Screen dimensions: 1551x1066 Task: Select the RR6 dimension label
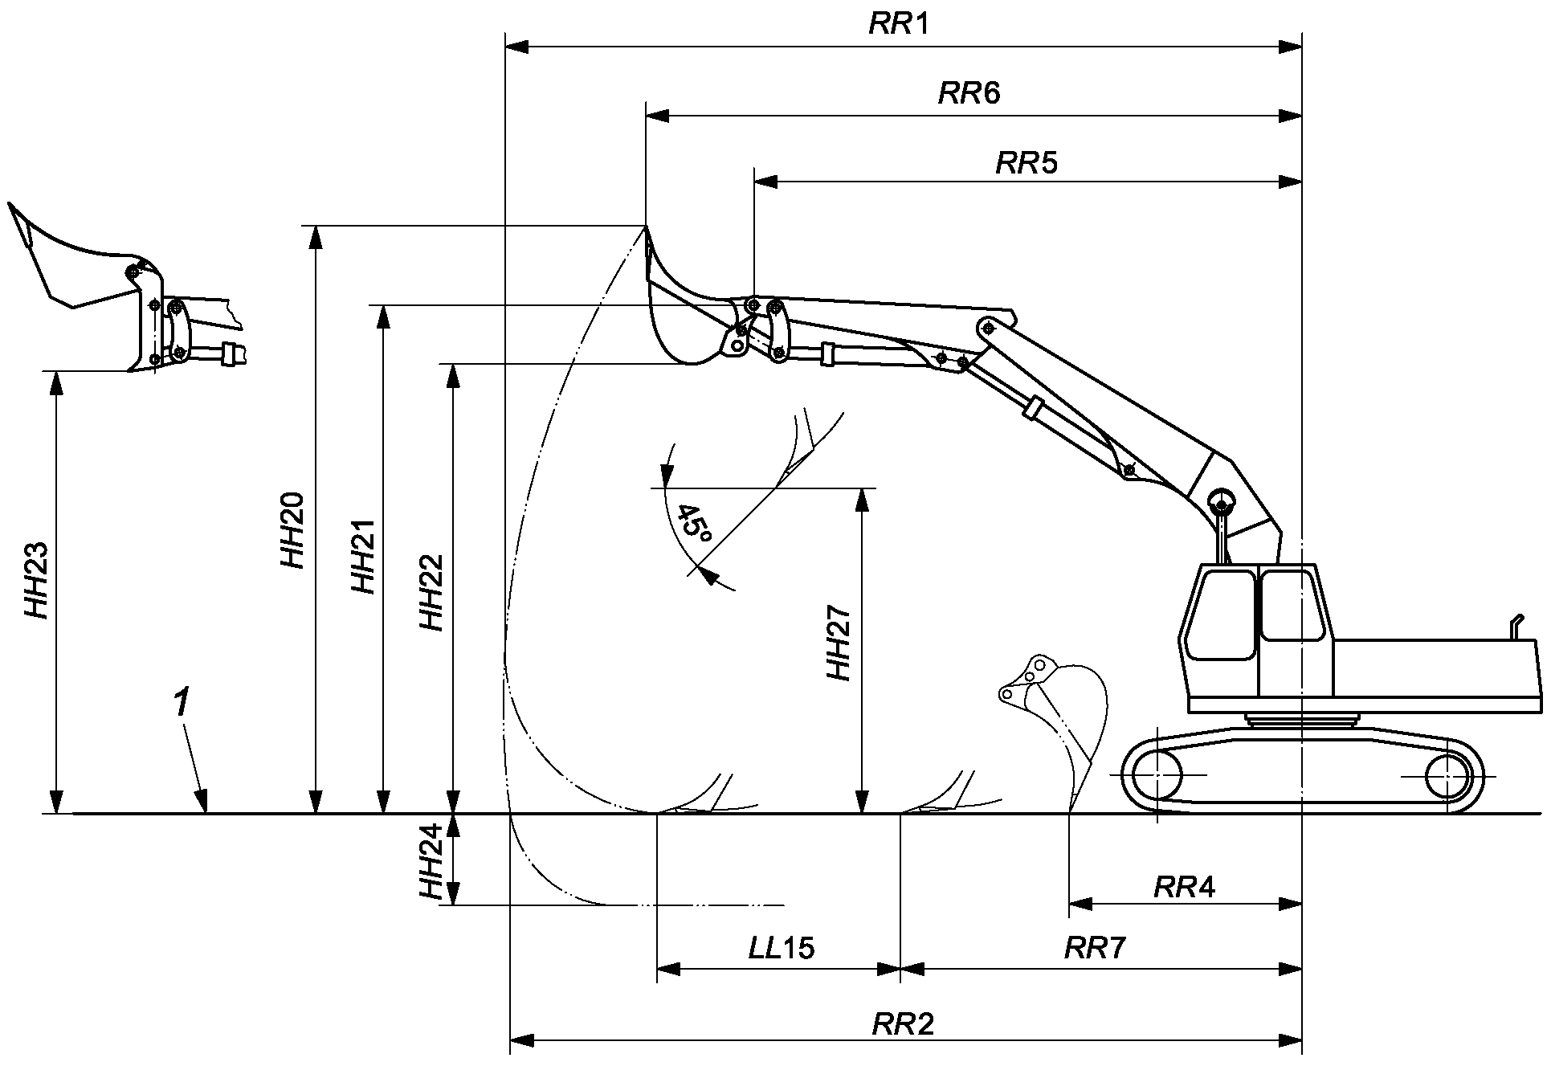[969, 94]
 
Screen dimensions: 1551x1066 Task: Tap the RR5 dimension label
[1027, 163]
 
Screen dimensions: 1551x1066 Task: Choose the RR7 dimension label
[1095, 949]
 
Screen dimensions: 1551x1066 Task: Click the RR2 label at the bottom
[903, 1024]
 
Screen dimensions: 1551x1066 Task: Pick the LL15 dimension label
[782, 949]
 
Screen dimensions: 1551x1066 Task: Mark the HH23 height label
[37, 581]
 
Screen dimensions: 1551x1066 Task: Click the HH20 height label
[292, 530]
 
